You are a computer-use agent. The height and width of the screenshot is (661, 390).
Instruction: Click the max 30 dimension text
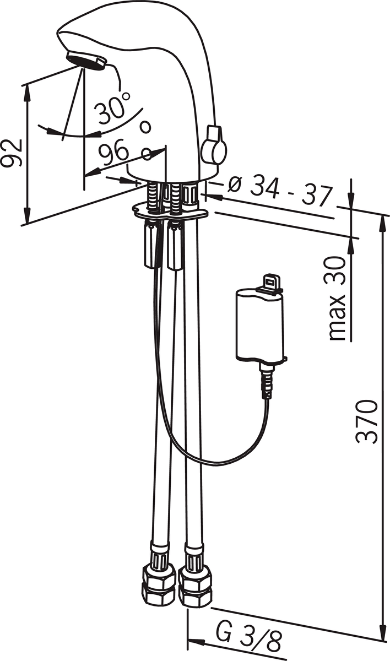337,299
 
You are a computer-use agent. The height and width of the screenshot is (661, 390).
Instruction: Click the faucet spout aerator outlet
86,60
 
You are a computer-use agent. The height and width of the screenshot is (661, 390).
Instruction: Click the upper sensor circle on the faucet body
145,127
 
